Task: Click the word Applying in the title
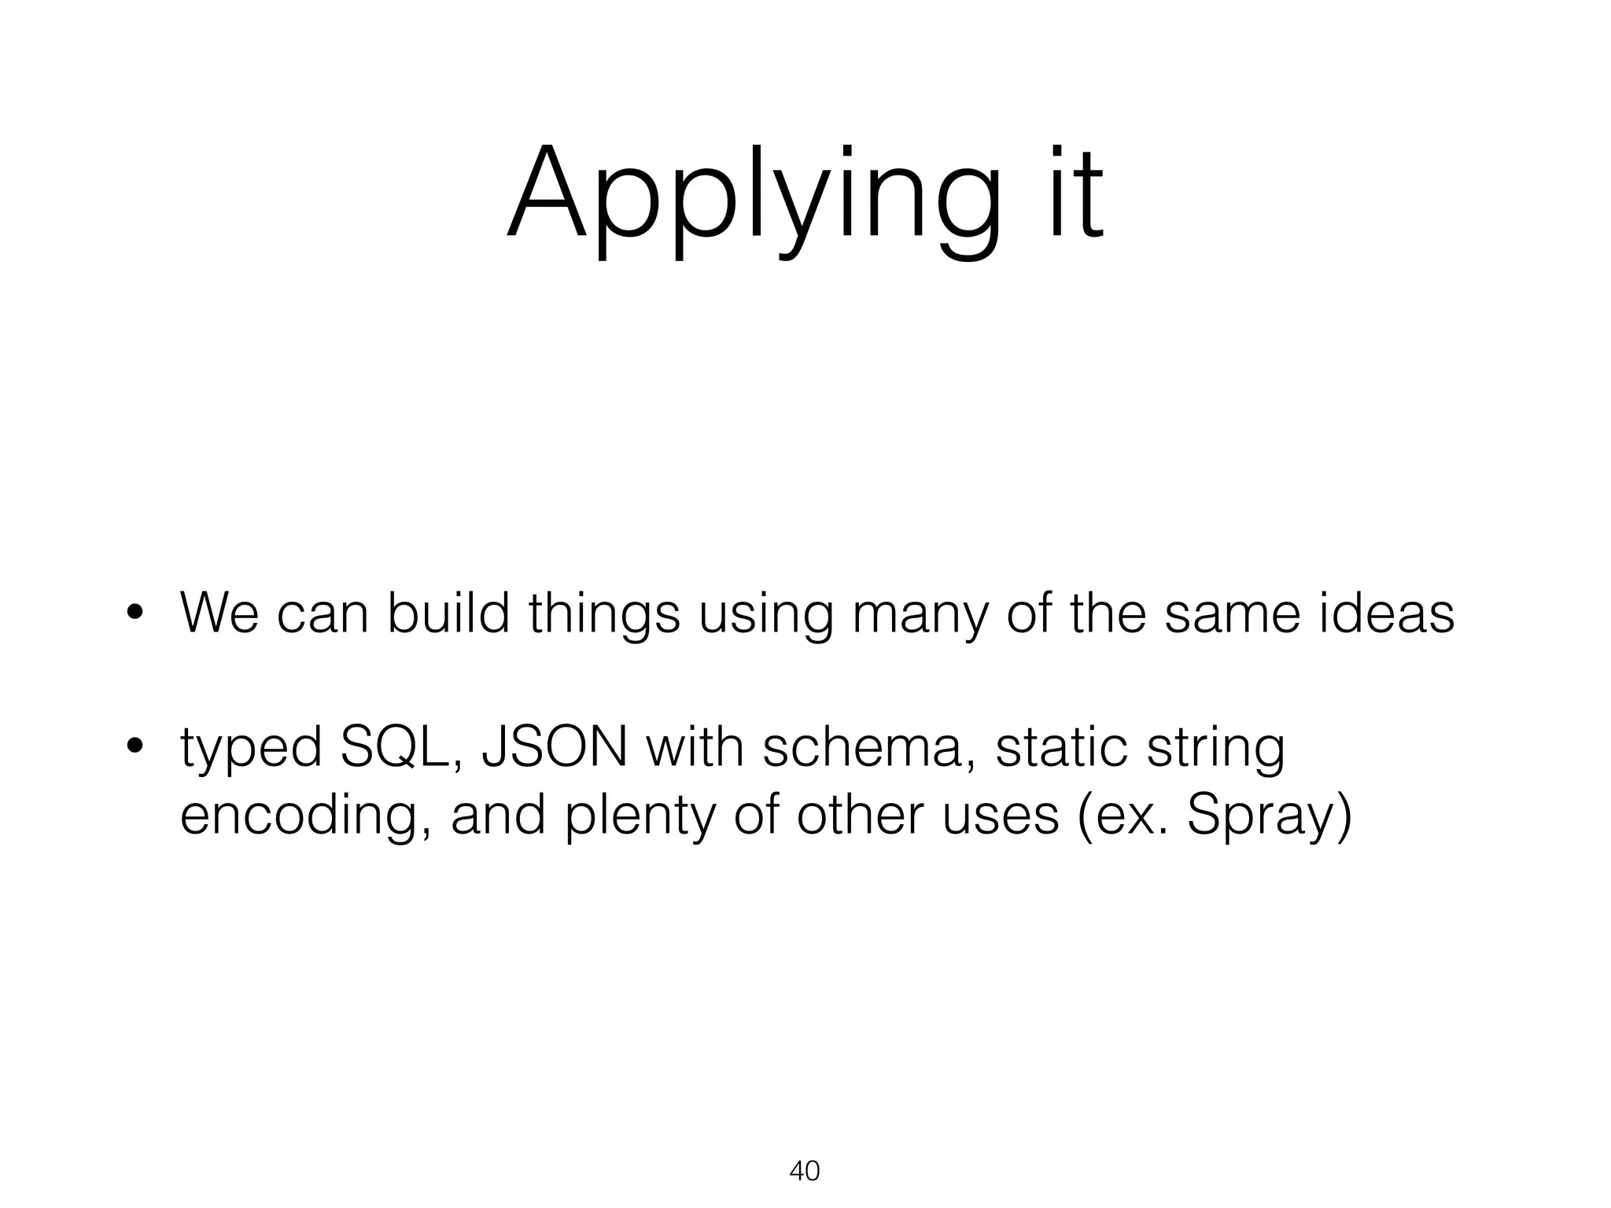[755, 197]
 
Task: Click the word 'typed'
[251, 749]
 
